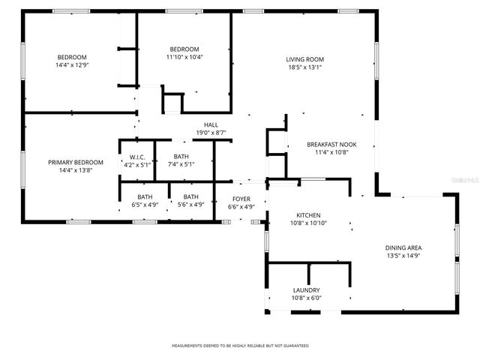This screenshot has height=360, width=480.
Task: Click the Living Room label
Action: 304,59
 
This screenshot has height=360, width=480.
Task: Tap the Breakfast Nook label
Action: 331,145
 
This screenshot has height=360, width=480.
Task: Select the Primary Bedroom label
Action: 75,162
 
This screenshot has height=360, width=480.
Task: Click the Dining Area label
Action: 403,247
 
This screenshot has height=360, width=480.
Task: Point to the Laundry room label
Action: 306,290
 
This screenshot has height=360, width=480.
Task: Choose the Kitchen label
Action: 308,214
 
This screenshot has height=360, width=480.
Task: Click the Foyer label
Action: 241,199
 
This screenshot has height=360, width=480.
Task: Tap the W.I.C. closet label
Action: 136,157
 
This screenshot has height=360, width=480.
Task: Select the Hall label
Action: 211,125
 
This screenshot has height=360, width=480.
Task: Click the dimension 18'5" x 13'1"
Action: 304,67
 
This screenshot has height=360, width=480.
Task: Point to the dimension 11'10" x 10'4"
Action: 184,57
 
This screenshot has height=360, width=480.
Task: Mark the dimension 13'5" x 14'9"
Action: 403,256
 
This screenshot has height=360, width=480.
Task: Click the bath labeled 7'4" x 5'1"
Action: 181,160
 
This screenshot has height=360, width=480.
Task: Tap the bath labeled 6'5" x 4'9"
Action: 145,200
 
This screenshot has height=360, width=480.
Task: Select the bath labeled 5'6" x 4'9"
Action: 191,200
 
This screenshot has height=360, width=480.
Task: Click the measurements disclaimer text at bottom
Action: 240,346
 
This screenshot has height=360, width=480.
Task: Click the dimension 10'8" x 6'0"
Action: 306,298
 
